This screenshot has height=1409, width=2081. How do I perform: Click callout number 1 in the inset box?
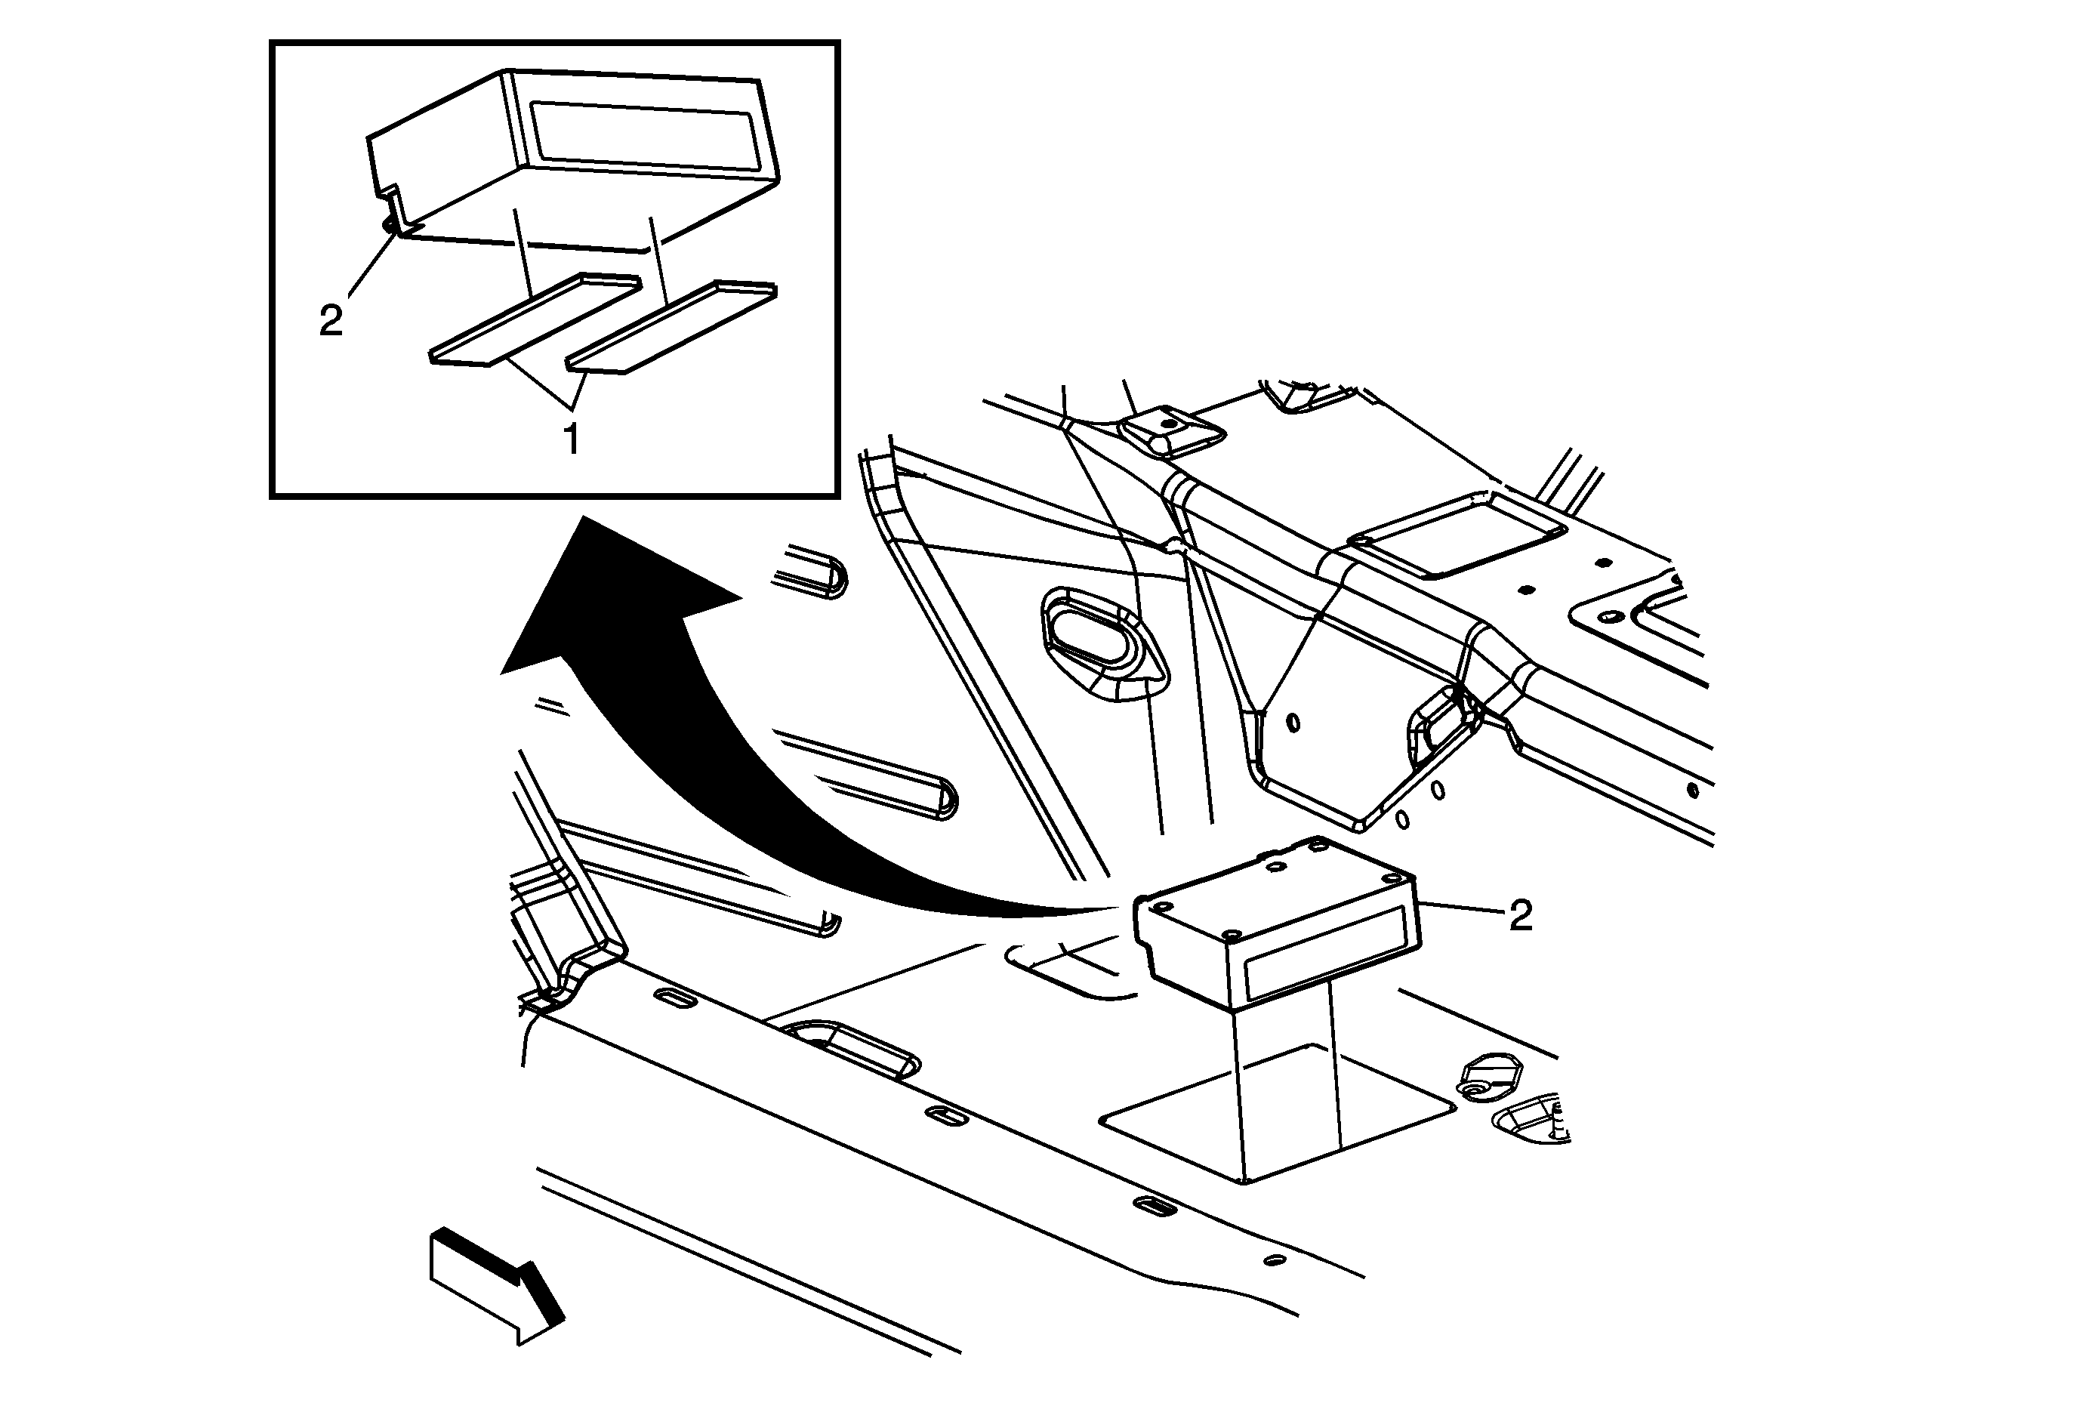(x=570, y=439)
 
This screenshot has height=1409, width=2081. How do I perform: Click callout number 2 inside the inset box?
(x=331, y=319)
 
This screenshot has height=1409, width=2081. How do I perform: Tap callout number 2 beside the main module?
(x=1521, y=915)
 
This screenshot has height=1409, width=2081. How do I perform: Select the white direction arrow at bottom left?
(x=497, y=1284)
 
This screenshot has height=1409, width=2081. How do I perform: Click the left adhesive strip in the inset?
(x=535, y=318)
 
